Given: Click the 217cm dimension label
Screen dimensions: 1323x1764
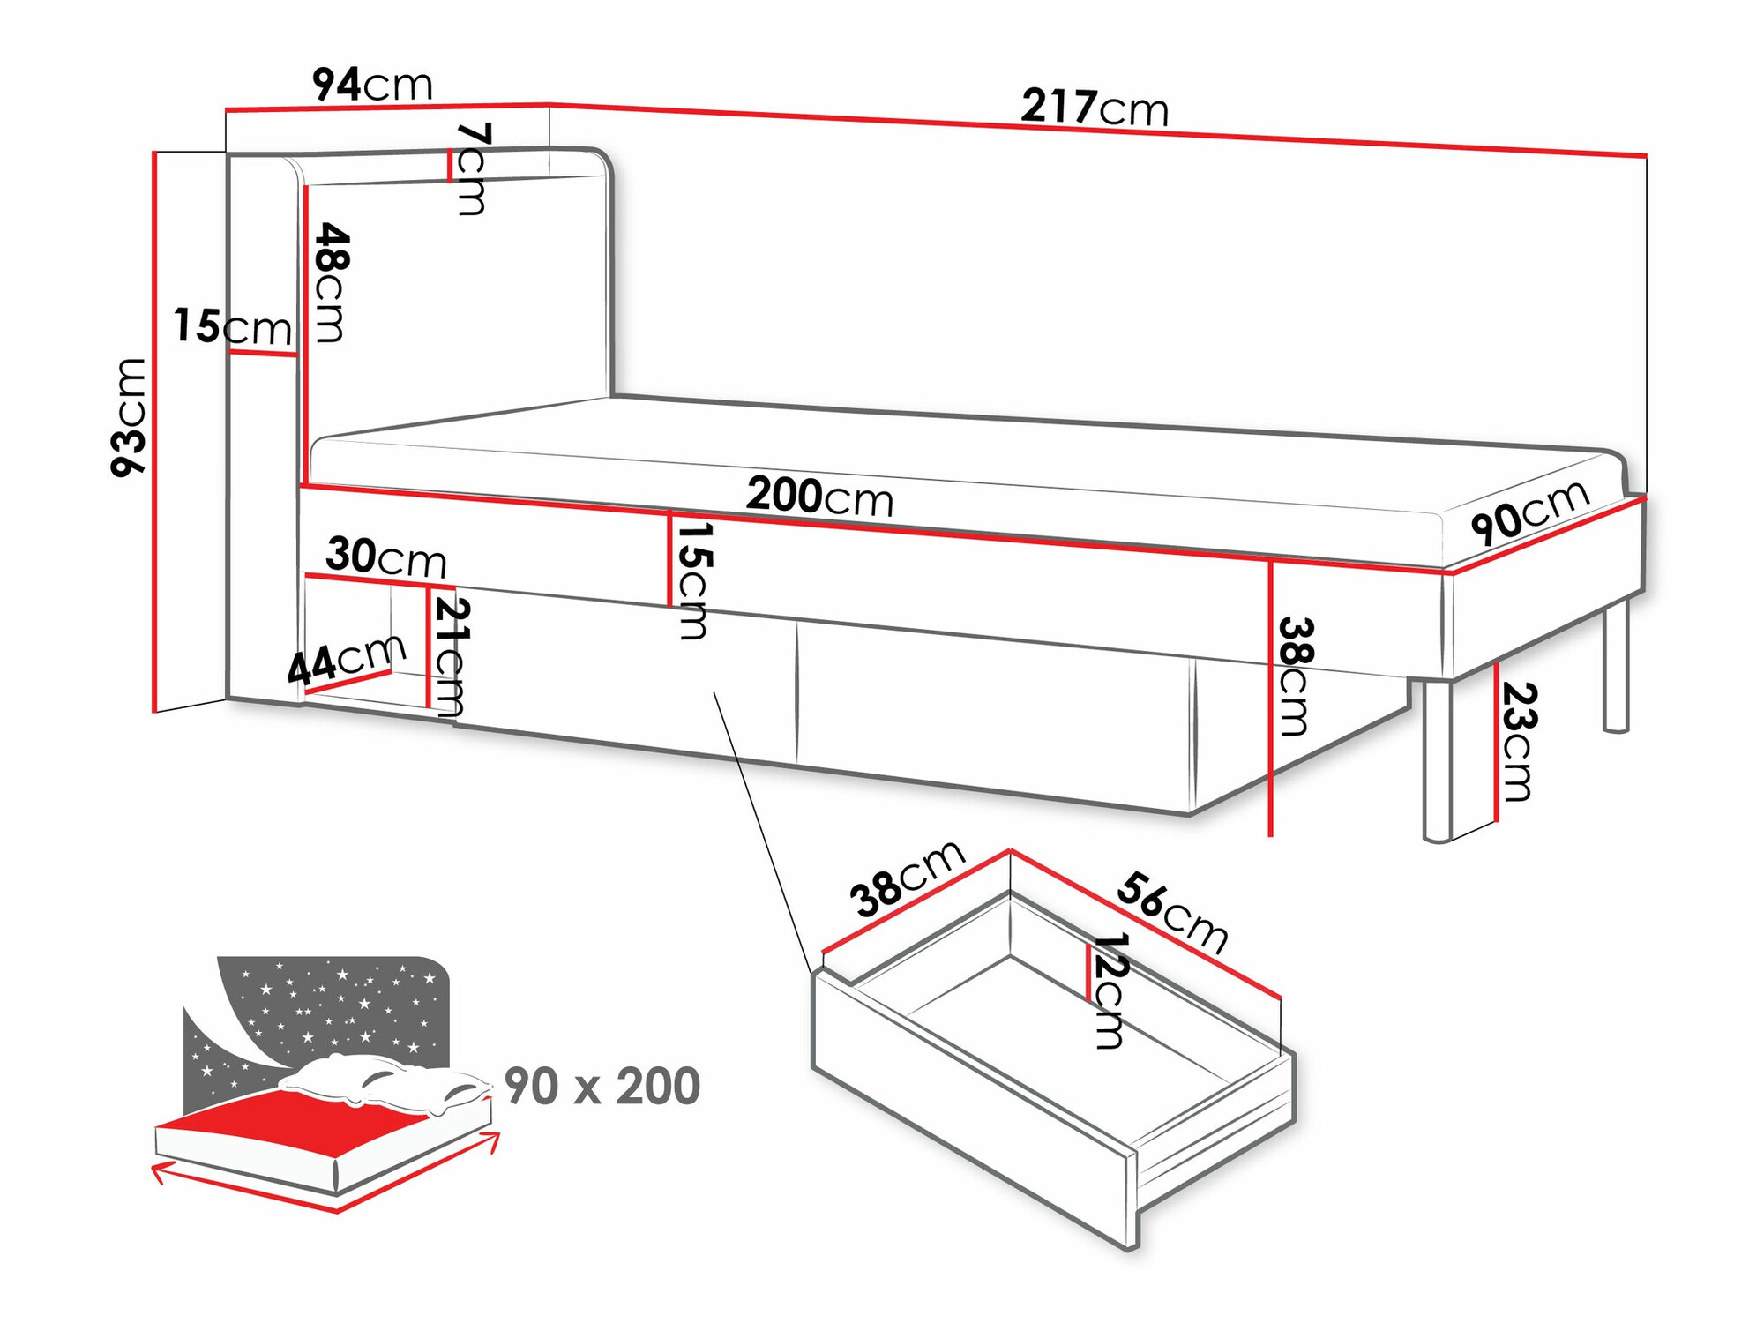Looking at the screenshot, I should (1095, 108).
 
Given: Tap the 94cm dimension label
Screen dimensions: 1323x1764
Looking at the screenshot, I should (372, 85).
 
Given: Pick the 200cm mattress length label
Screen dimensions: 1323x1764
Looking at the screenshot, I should (819, 497).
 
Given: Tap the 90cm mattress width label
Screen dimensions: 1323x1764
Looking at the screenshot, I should (1529, 512).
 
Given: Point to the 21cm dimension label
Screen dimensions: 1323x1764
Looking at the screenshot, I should (450, 656).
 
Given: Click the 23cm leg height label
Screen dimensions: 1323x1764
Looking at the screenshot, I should (1517, 741).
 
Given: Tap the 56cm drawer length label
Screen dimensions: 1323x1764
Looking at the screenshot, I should (1172, 912).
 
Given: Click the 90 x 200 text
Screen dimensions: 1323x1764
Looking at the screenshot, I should (602, 1086).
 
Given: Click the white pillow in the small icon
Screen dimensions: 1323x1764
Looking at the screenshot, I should (379, 1080).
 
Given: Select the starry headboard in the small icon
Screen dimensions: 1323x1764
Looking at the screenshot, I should (344, 1005).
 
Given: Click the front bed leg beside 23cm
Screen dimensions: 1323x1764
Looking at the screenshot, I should (1437, 759).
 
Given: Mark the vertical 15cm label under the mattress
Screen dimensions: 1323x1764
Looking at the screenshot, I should (692, 580).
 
